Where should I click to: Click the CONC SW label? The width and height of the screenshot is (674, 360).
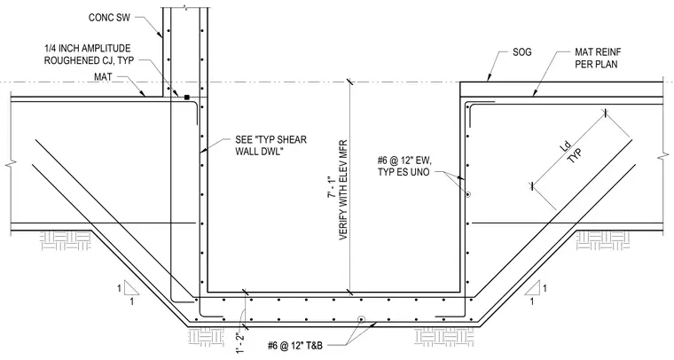tap(109, 18)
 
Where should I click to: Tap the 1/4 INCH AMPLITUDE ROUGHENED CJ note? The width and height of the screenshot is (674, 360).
tap(89, 54)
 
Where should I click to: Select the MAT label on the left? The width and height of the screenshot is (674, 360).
tap(103, 77)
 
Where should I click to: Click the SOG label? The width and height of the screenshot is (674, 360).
tap(521, 52)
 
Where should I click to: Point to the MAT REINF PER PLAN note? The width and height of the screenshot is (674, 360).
tap(598, 58)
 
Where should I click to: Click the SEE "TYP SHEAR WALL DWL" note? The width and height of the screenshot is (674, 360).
tap(270, 145)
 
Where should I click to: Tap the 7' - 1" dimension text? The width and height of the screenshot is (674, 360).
tap(331, 187)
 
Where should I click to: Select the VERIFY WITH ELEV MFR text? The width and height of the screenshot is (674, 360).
tap(343, 190)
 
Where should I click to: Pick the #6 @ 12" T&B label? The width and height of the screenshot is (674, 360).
tap(294, 346)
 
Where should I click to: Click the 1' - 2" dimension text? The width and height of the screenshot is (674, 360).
tap(239, 342)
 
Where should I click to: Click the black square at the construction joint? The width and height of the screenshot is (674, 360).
tap(187, 98)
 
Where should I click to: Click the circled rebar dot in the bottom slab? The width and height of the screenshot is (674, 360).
tap(361, 319)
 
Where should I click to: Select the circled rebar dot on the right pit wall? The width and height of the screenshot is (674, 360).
tap(467, 194)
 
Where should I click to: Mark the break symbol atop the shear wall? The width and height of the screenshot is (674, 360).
tap(184, 7)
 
